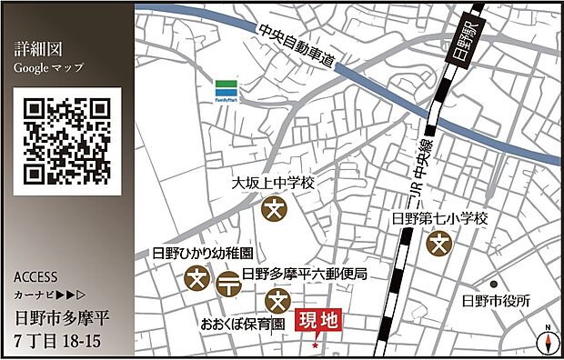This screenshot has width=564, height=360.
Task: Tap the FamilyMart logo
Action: point(226,91)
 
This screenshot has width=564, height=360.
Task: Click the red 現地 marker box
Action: point(319,320)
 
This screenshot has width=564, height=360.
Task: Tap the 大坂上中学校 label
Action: point(273,183)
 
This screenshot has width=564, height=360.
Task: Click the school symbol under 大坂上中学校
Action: point(274,208)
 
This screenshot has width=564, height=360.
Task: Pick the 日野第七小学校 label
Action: point(440,219)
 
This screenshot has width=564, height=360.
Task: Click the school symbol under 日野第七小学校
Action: point(440,244)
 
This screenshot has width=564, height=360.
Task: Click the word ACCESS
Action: point(37,277)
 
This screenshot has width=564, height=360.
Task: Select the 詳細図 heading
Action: point(36,50)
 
